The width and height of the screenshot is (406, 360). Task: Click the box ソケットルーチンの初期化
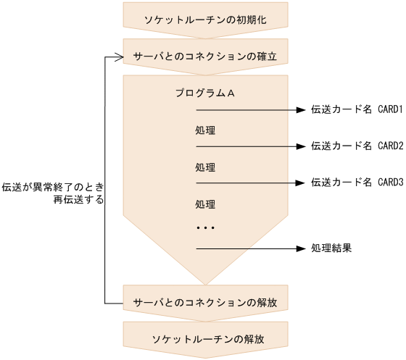[x=207, y=19]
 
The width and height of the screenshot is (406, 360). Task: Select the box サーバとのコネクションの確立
[x=207, y=56]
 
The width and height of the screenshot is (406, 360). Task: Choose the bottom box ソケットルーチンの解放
[x=207, y=339]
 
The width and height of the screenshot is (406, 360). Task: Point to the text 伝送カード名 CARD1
[x=356, y=110]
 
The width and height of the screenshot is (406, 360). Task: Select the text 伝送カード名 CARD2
[x=356, y=146]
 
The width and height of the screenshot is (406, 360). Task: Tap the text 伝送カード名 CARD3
[x=356, y=182]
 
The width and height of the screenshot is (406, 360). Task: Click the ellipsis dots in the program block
[x=206, y=228]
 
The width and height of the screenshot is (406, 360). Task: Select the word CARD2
[x=389, y=146]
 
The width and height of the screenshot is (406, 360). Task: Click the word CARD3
[x=389, y=182]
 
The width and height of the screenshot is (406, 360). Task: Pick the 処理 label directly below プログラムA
[x=206, y=131]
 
